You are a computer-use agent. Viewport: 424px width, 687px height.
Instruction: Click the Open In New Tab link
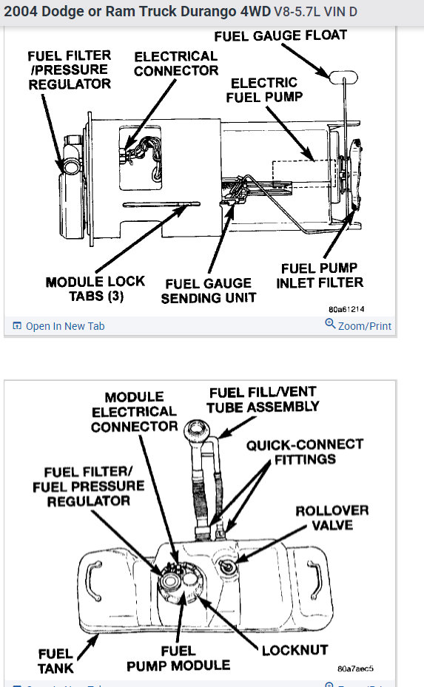point(58,326)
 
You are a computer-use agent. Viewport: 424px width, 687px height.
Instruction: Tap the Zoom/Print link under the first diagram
point(358,325)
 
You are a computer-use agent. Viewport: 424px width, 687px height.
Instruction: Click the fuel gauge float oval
point(343,77)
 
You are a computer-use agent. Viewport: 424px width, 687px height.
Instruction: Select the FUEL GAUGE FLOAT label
point(280,35)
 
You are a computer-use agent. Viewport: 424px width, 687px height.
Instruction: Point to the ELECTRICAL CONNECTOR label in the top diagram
point(176,64)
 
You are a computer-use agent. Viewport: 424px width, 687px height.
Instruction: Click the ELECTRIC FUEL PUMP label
point(264,89)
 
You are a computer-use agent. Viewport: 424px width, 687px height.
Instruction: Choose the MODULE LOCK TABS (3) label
point(95,288)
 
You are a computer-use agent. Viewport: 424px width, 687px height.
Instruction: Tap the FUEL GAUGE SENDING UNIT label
point(209,291)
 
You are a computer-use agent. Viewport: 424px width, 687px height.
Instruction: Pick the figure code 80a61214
point(346,309)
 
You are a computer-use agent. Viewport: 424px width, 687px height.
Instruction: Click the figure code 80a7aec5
point(356,669)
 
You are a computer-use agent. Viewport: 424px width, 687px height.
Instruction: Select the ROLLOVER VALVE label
point(332,518)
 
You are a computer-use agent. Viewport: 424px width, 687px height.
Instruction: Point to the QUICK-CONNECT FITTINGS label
point(305,452)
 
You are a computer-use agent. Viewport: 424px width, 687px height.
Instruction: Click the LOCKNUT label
point(295,650)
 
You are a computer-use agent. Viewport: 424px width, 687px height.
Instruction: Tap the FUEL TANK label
point(55,660)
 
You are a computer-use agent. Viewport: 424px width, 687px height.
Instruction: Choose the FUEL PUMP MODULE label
point(178,658)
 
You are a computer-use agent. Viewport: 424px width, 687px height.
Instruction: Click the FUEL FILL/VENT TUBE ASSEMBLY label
point(263,399)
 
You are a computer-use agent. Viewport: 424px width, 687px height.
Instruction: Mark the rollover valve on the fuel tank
point(227,566)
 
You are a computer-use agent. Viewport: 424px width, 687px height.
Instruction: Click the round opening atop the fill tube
point(197,427)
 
